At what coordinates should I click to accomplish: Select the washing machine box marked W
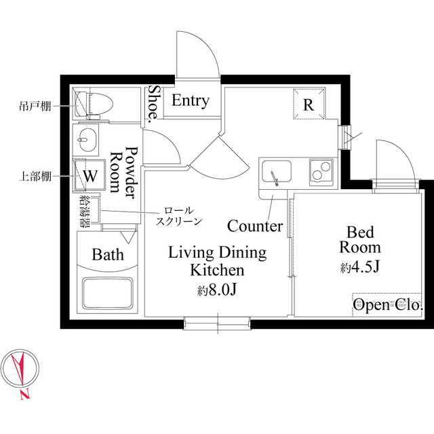point(90,175)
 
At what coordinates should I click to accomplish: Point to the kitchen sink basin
point(277,172)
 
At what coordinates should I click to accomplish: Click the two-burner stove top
point(321,171)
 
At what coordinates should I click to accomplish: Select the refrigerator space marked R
point(309,104)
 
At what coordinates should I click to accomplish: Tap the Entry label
point(191,100)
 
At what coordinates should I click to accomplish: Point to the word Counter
point(255,226)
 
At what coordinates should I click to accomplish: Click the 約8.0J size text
point(216,290)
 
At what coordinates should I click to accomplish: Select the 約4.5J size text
point(359,267)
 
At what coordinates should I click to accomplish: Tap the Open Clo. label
point(388,304)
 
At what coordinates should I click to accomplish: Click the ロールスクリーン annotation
point(179,216)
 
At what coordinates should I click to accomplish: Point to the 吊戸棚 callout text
point(35,106)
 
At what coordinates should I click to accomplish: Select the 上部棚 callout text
point(35,176)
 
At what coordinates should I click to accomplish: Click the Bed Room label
point(360,239)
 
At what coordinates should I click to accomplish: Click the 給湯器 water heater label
point(84,211)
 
